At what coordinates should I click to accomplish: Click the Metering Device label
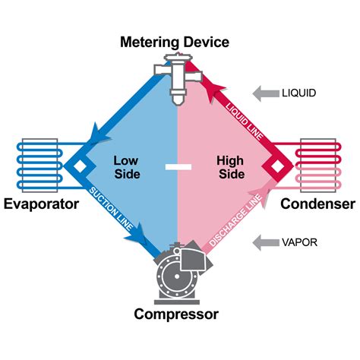[x=174, y=42]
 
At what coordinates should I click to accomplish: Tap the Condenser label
[x=317, y=204]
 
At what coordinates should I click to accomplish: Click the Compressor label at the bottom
[x=176, y=314]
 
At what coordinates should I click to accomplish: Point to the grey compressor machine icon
[x=178, y=270]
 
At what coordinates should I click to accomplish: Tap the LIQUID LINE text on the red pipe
[x=242, y=118]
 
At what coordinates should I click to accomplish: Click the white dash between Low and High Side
[x=178, y=166]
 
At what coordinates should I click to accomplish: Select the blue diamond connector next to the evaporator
[x=76, y=165]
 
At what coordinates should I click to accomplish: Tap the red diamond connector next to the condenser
[x=281, y=165]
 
